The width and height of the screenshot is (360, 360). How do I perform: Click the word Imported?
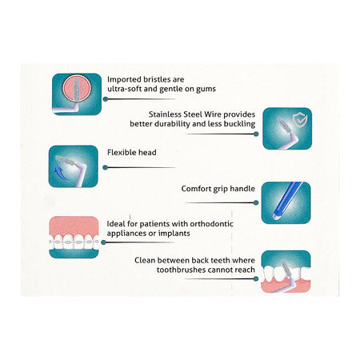pyautogui.click(x=124, y=80)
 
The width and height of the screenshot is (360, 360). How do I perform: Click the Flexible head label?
pyautogui.click(x=132, y=153)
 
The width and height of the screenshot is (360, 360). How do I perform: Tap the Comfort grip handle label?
pyautogui.click(x=218, y=189)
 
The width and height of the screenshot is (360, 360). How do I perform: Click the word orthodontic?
pyautogui.click(x=212, y=223)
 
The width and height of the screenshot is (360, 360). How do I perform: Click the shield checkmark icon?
pyautogui.click(x=300, y=119)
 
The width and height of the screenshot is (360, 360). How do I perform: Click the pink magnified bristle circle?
pyautogui.click(x=77, y=88)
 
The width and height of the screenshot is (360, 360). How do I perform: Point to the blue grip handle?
pyautogui.click(x=286, y=201)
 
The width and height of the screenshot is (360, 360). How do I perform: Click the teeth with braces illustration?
pyautogui.click(x=74, y=237)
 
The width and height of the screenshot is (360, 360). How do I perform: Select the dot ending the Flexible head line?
pyautogui.click(x=106, y=167)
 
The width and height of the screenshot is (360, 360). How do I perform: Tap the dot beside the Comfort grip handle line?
pyautogui.click(x=256, y=202)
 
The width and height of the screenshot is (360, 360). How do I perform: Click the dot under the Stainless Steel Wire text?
pyautogui.click(x=256, y=134)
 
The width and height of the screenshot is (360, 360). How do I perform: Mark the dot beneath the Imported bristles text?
pyautogui.click(x=106, y=99)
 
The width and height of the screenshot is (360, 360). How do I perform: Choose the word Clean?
pyautogui.click(x=144, y=260)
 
